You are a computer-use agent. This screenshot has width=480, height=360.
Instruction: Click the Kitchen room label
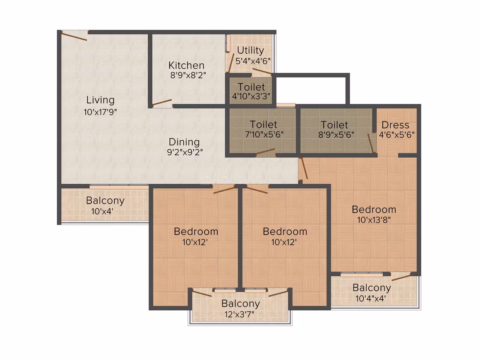click(x=186, y=65)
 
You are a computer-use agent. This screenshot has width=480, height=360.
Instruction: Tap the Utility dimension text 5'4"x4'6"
click(x=253, y=61)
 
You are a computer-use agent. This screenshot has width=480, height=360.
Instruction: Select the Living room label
click(x=101, y=100)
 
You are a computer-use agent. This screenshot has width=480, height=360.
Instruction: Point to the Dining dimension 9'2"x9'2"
click(x=185, y=152)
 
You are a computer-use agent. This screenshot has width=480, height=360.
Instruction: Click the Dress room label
click(x=395, y=125)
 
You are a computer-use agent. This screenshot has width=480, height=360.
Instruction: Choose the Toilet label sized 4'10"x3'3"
click(x=251, y=87)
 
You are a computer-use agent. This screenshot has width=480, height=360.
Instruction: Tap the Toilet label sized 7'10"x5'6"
click(x=263, y=124)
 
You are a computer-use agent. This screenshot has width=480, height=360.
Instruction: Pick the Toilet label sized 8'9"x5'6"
click(x=334, y=125)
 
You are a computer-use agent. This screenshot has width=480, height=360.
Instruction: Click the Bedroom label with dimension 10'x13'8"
click(x=374, y=209)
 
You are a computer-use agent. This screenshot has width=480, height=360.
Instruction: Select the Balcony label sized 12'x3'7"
click(x=240, y=303)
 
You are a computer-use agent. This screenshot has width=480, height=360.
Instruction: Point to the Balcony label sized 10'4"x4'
click(x=372, y=288)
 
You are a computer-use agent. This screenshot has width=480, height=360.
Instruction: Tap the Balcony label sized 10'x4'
click(x=105, y=201)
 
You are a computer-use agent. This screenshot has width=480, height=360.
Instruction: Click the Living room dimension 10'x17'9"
click(x=101, y=112)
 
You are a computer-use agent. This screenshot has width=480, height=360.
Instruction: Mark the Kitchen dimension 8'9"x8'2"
click(x=188, y=75)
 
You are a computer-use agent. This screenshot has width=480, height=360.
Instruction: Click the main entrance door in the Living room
click(x=74, y=36)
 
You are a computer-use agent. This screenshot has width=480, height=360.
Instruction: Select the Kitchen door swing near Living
click(x=162, y=103)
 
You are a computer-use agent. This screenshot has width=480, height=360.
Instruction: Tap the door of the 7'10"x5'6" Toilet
click(x=265, y=152)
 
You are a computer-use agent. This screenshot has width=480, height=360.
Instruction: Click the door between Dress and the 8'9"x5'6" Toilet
click(x=371, y=143)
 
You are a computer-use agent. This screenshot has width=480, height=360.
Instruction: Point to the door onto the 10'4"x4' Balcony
click(x=401, y=277)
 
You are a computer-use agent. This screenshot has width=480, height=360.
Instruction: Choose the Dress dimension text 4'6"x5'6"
click(x=397, y=135)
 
